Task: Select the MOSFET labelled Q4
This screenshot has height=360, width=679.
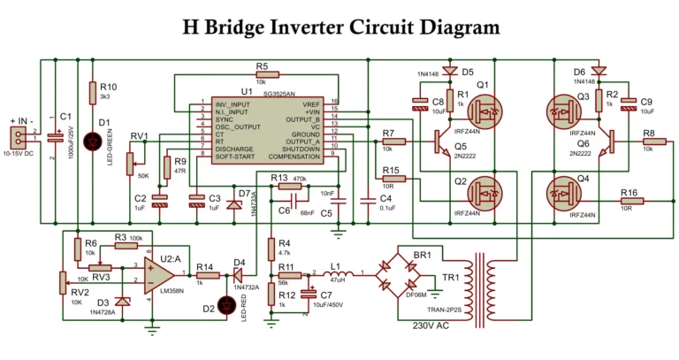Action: pos(560,191)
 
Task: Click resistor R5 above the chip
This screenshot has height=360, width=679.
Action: pos(264,76)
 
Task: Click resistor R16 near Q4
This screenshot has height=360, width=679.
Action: pos(629,202)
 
